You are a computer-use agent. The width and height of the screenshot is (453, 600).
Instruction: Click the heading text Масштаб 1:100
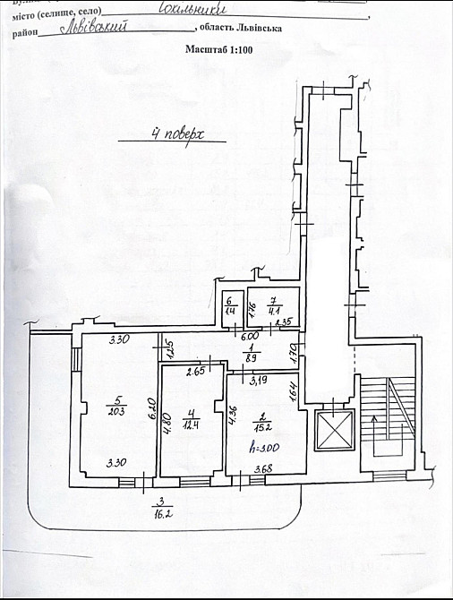[x=220, y=50]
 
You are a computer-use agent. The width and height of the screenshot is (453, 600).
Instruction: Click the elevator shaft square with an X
[x=337, y=432]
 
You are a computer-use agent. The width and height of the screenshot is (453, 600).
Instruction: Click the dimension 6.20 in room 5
[x=129, y=408]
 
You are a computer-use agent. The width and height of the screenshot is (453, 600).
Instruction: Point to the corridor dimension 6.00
[x=249, y=337]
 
